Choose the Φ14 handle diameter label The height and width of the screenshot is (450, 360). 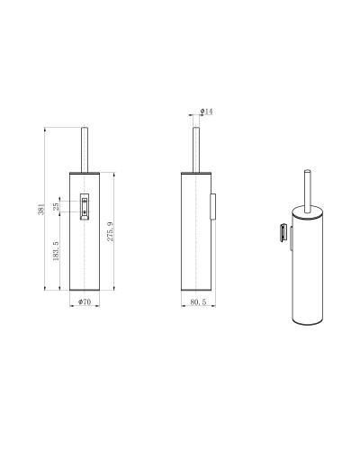click(x=206, y=112)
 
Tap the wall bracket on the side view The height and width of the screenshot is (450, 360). click(x=212, y=206)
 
